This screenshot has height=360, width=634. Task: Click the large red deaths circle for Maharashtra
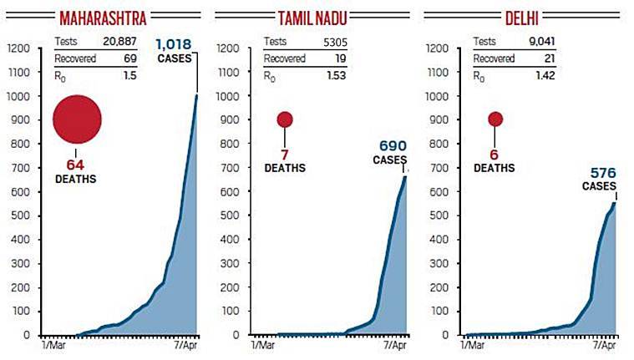(x=78, y=119)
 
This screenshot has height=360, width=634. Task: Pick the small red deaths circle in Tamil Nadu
(x=285, y=119)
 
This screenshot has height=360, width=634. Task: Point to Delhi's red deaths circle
(x=495, y=119)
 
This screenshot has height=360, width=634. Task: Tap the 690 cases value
(x=389, y=146)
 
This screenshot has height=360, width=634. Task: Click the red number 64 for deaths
(x=76, y=165)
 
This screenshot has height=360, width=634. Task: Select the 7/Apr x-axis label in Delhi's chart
(x=604, y=344)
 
